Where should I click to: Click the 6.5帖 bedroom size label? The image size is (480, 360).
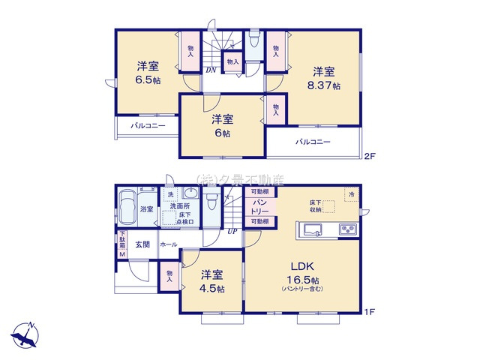click(x=147, y=80)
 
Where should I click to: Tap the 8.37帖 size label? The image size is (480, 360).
click(x=324, y=86)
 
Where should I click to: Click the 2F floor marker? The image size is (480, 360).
click(x=368, y=157)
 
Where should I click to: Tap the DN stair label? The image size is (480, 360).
click(x=211, y=70)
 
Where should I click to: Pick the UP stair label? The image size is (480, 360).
click(x=233, y=231)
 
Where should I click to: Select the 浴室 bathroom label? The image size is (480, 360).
click(x=147, y=209)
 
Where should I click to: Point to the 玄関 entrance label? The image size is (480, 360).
click(x=142, y=244)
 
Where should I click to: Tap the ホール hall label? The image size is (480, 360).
click(x=169, y=244)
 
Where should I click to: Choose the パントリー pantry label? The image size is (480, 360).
click(x=259, y=207)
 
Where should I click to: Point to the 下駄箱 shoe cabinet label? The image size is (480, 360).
click(x=122, y=244)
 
